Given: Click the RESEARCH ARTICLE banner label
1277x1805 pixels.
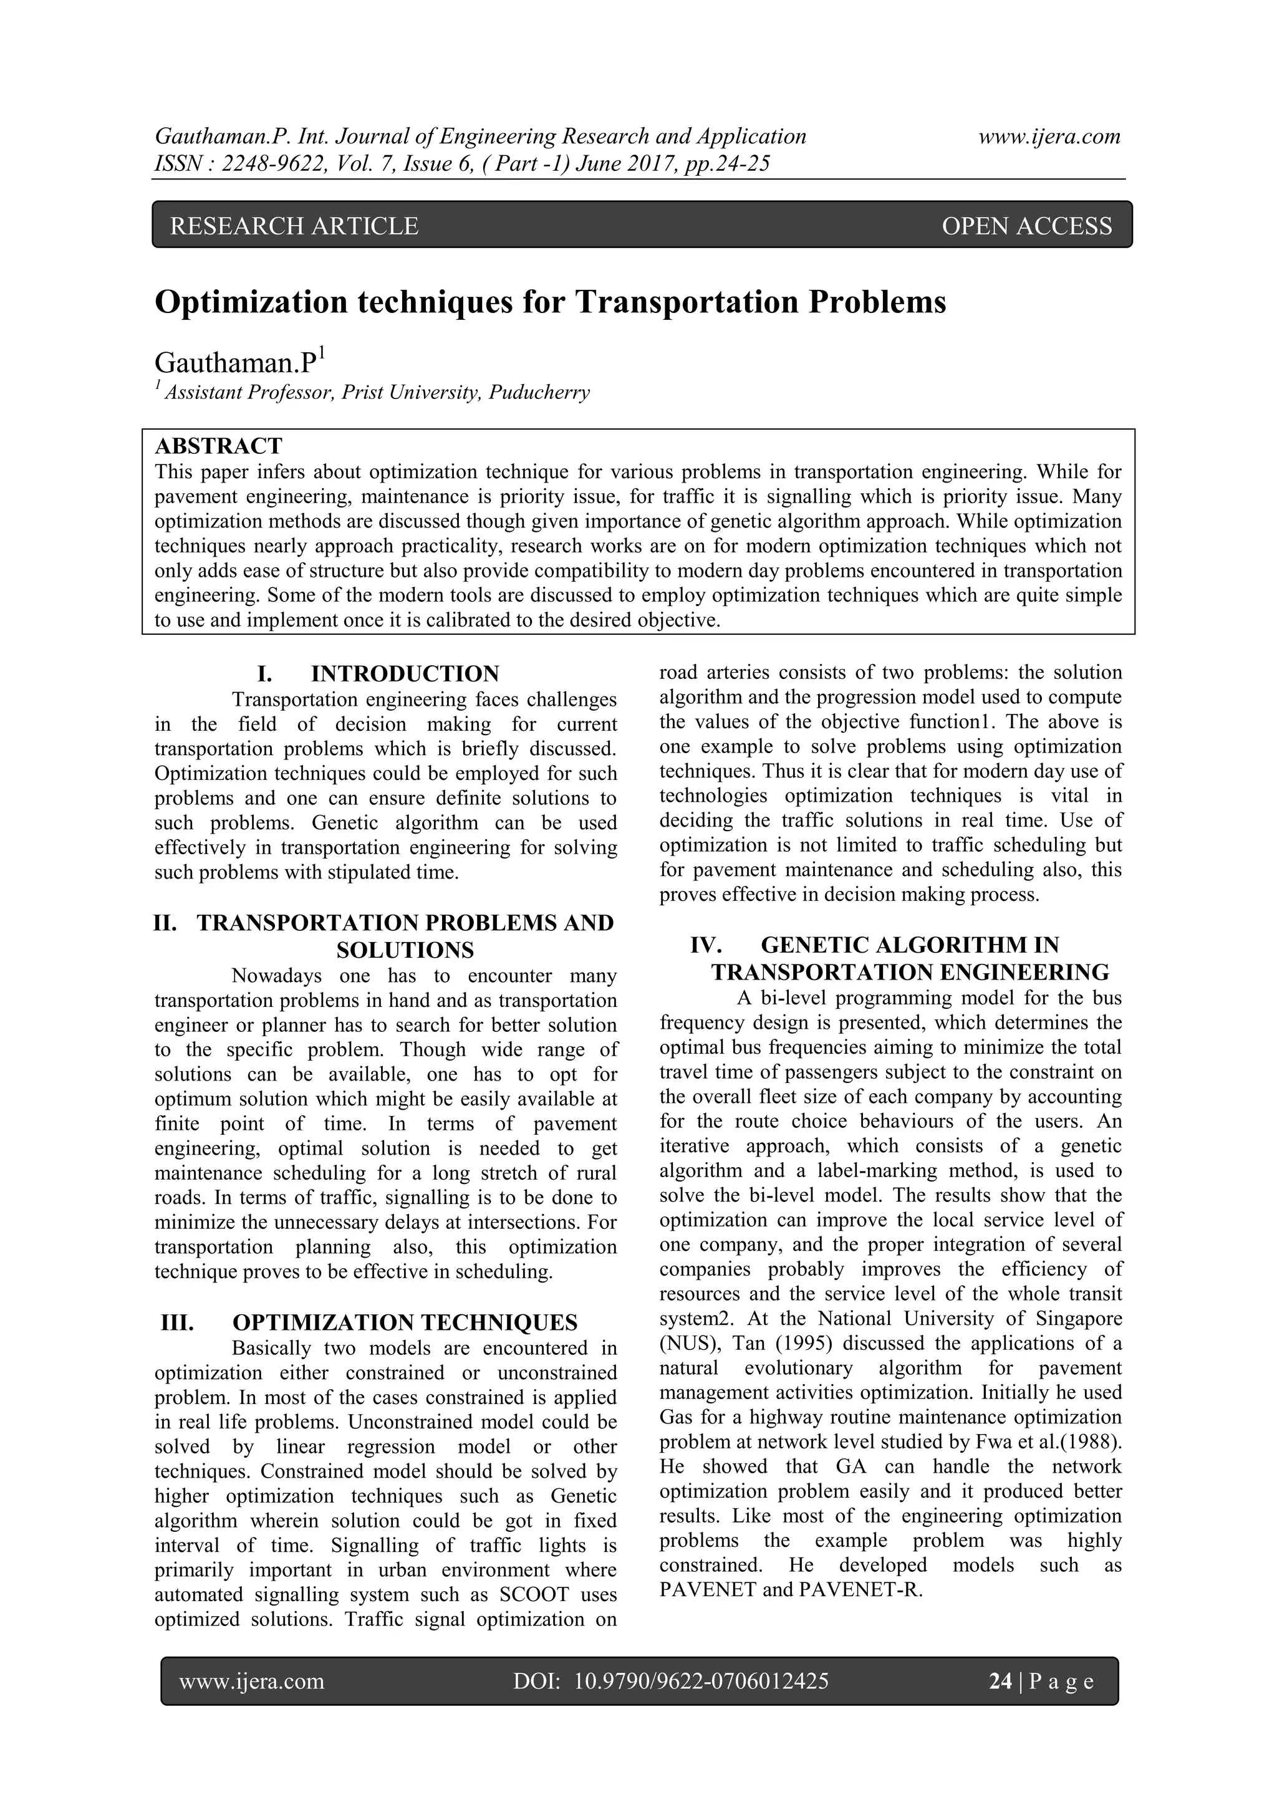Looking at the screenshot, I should pyautogui.click(x=294, y=226).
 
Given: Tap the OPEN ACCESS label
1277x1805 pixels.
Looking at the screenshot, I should pyautogui.click(x=1026, y=226).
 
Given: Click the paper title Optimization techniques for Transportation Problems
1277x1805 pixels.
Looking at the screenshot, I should pyautogui.click(x=551, y=302).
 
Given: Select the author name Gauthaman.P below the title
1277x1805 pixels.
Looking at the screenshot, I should pyautogui.click(x=235, y=363).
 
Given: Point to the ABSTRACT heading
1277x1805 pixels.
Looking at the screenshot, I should pyautogui.click(x=219, y=446).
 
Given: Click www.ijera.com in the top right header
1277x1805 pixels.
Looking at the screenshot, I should pyautogui.click(x=1049, y=137).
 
